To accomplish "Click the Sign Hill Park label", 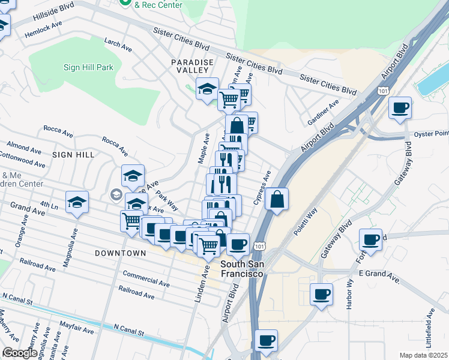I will [x=88, y=67].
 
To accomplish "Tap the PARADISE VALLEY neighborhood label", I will [x=192, y=66].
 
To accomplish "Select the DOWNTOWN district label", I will [x=120, y=253].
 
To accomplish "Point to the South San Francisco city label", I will [x=243, y=269].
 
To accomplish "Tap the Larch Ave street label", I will [x=118, y=44].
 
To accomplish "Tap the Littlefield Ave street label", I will [x=431, y=326].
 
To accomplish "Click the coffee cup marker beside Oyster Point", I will [x=400, y=109].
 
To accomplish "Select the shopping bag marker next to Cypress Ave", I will [x=276, y=200].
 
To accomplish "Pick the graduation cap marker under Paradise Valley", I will [x=208, y=89].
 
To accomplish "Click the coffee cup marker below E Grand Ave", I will [x=322, y=294].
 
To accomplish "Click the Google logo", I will [x=20, y=353].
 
